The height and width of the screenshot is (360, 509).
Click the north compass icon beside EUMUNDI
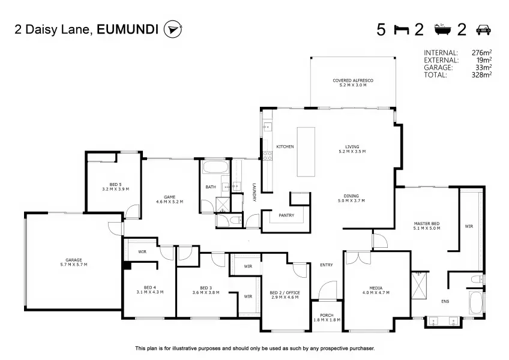point(173,29)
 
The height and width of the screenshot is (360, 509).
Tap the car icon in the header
point(483,29)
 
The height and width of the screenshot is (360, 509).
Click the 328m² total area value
point(481,75)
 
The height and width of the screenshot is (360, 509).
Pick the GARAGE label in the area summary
point(438,68)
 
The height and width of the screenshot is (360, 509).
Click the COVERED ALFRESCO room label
point(353,80)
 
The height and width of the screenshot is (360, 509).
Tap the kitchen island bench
point(306,152)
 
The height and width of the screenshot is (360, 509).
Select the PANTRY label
point(286,215)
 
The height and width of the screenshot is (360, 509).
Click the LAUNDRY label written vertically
point(254,193)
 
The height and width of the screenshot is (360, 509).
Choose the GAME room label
point(169,197)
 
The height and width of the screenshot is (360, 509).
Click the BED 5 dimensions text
point(116,189)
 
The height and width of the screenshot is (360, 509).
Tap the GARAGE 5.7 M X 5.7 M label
point(74,262)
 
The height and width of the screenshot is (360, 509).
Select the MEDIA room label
point(376,288)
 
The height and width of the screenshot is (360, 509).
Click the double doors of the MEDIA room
point(358,257)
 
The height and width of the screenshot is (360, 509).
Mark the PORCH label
point(327,315)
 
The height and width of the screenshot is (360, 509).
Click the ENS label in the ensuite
point(445,302)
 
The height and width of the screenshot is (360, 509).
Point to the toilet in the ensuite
point(478,279)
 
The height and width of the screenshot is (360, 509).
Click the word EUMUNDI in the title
point(128,29)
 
